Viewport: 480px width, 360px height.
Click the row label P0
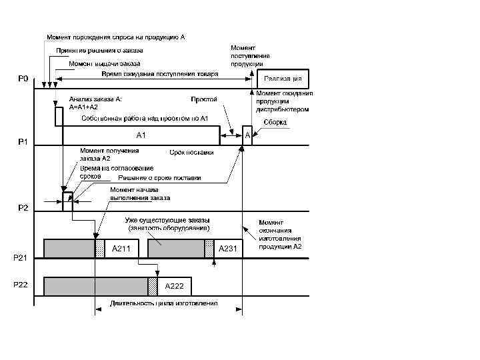[x=23, y=79]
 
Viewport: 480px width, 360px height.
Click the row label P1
[x=23, y=142]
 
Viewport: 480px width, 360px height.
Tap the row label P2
[x=23, y=207]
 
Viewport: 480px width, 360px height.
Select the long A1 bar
[x=141, y=135]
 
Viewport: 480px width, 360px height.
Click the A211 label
[x=121, y=249]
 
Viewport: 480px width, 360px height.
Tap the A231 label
[x=228, y=249]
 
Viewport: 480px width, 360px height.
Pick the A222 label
[x=175, y=286]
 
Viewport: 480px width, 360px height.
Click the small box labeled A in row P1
[x=247, y=135]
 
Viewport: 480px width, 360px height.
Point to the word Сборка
[x=274, y=123]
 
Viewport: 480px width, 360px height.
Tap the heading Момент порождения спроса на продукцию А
[x=115, y=37]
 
